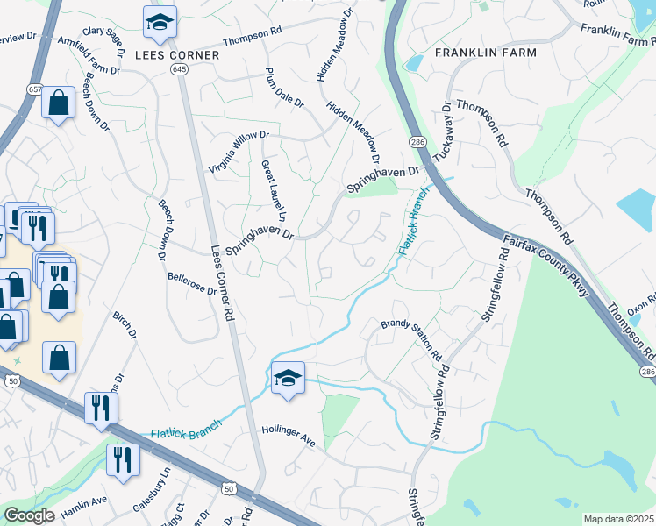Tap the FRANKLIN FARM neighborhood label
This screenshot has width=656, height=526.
coord(485,53)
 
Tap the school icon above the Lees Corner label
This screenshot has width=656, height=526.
coord(160,24)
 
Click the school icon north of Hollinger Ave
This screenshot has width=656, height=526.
coord(288,380)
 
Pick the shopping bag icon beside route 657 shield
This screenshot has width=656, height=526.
coord(58,104)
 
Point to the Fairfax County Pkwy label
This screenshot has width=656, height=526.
coord(545,264)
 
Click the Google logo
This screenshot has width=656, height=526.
coord(29,515)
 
